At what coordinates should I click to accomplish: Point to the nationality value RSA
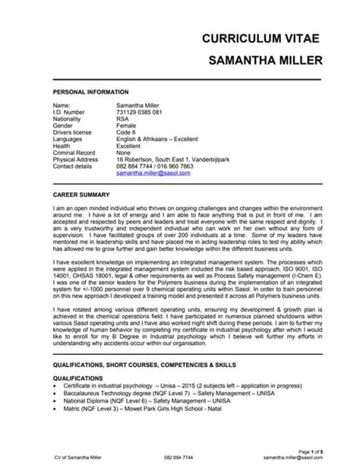[122, 119]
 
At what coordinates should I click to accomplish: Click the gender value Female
[126, 126]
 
